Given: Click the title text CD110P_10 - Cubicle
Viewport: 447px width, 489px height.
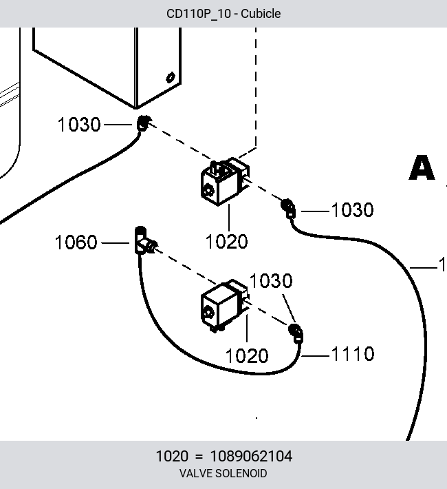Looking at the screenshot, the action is [x=223, y=14].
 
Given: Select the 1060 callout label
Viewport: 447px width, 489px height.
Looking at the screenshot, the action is [x=76, y=242].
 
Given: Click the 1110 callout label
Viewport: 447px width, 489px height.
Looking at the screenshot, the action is [x=353, y=354].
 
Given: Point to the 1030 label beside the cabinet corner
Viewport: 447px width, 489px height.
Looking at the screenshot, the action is [x=79, y=125].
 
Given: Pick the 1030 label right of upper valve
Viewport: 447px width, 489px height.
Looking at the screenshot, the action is [x=352, y=209].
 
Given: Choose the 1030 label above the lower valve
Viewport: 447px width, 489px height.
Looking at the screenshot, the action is [x=271, y=281].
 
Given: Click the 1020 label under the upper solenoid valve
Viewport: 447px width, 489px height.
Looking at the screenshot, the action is [x=226, y=241].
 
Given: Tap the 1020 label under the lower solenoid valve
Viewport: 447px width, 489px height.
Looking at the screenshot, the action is [x=246, y=356].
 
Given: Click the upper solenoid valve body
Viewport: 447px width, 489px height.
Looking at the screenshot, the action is [x=225, y=182].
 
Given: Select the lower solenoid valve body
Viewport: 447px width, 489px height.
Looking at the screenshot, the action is [x=225, y=306].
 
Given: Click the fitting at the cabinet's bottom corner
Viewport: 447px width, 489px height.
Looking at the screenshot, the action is [x=143, y=123].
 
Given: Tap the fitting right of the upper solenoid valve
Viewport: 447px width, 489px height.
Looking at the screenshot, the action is [x=288, y=208].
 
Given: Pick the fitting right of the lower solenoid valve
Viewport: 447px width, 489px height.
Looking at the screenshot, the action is [x=296, y=333].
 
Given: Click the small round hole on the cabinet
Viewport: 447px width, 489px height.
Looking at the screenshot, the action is [x=170, y=77].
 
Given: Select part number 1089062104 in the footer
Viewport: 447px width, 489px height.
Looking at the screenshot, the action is [x=251, y=456].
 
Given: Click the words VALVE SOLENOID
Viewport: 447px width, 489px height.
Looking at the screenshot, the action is [x=223, y=473].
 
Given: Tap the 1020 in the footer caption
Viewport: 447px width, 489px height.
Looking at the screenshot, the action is [x=172, y=456].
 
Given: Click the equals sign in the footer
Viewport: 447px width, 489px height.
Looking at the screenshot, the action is [x=199, y=457].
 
